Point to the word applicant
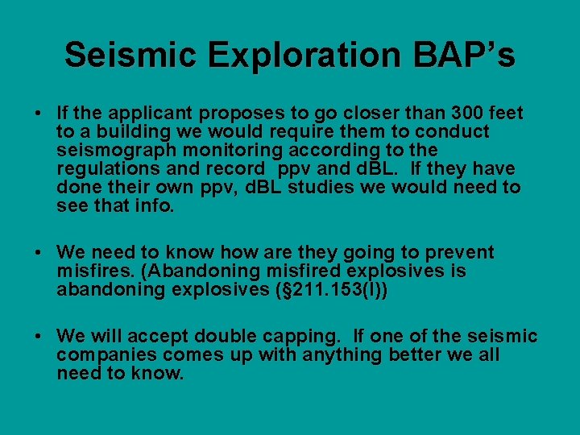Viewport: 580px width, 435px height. [x=154, y=114]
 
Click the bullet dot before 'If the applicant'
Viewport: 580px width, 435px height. [x=39, y=114]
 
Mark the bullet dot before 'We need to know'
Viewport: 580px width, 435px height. [x=39, y=253]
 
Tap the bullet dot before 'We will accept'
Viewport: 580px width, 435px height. [x=39, y=337]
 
